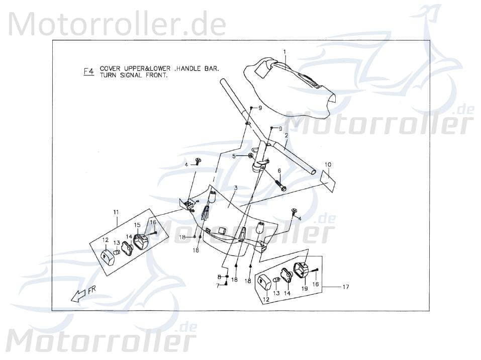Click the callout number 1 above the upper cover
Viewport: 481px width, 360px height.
point(284,52)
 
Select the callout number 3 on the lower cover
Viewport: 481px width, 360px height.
point(235,187)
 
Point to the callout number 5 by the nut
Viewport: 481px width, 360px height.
point(234,156)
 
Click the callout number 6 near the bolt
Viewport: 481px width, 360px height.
point(279,171)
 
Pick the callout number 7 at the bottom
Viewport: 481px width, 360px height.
point(218,285)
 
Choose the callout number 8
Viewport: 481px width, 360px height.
point(219,277)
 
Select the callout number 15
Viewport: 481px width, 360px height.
point(137,225)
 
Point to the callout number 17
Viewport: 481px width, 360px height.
point(345,287)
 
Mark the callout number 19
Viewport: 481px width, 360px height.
point(304,289)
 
